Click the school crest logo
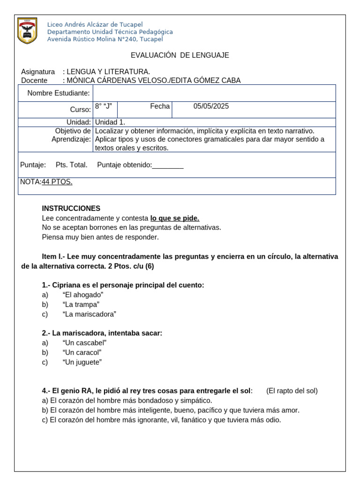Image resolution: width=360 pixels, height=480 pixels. (x=27, y=31)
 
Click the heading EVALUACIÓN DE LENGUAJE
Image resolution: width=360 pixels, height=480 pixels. (x=180, y=55)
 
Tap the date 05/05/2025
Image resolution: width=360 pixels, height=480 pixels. (x=211, y=106)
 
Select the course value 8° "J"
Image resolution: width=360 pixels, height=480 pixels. (x=103, y=106)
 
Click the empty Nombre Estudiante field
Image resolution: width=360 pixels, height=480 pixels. (x=214, y=93)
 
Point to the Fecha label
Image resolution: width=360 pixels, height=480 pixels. (x=160, y=106)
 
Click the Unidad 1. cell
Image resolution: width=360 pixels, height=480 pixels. (x=110, y=122)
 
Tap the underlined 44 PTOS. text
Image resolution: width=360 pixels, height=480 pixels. (x=57, y=182)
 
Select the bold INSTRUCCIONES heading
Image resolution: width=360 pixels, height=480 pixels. (x=71, y=208)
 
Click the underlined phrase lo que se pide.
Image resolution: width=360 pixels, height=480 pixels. (x=175, y=218)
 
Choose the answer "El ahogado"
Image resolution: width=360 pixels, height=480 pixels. (x=82, y=294)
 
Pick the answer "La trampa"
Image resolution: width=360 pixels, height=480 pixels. (x=81, y=304)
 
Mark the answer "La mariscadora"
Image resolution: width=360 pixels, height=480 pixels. (x=89, y=314)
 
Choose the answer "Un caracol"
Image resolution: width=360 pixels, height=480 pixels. (x=82, y=352)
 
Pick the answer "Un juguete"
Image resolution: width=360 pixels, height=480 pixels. (x=82, y=362)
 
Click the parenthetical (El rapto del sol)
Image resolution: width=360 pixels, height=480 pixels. (x=292, y=391)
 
